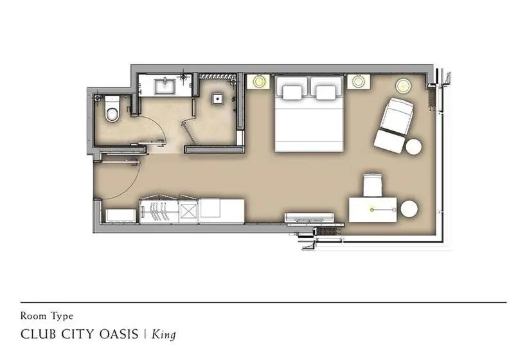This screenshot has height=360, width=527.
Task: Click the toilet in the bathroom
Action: pyautogui.click(x=112, y=109)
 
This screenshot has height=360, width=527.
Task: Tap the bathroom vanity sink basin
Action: pyautogui.click(x=165, y=86)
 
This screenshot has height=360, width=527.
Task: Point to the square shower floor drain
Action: pyautogui.click(x=218, y=98)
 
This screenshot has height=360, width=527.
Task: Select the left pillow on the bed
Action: pyautogui.click(x=292, y=93)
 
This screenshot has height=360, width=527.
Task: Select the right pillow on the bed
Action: pyautogui.click(x=326, y=93)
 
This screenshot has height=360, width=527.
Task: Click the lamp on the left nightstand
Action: pyautogui.click(x=259, y=81)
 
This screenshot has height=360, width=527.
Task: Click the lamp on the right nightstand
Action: pyautogui.click(x=357, y=81)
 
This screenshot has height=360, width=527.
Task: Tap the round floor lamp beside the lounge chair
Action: pyautogui.click(x=404, y=85)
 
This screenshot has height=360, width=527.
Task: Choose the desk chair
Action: pyautogui.click(x=373, y=185)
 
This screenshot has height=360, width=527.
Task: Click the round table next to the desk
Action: pyautogui.click(x=409, y=209)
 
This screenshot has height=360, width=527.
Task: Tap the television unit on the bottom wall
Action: pyautogui.click(x=310, y=218)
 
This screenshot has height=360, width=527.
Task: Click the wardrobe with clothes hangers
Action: pyautogui.click(x=159, y=210)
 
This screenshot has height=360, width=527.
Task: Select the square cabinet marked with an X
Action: pyautogui.click(x=188, y=212)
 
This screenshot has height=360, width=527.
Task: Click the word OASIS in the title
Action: pyautogui.click(x=119, y=334)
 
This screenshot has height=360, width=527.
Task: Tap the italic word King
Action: pyautogui.click(x=164, y=334)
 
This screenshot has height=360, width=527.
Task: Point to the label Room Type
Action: pyautogui.click(x=47, y=316)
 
